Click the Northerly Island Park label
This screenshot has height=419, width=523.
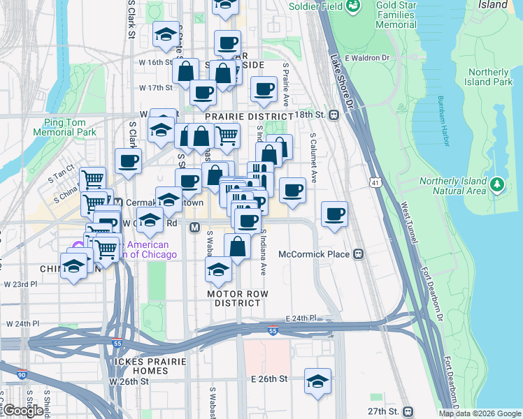click(489, 77)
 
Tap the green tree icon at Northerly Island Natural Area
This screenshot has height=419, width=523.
click(496, 185)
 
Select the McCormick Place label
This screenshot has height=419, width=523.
click(314, 254)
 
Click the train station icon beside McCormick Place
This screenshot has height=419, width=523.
click(359, 254)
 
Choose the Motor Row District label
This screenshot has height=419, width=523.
click(238, 298)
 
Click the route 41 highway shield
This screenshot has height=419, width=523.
click(375, 182)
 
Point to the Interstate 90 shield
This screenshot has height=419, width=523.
click(22, 375)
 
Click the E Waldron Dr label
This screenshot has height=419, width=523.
click(366, 57)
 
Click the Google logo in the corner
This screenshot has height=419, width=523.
click(23, 411)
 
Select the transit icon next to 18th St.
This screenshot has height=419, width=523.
click(334, 115)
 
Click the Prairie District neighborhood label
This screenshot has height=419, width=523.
click(249, 116)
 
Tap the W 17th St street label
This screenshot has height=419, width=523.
click(155, 88)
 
